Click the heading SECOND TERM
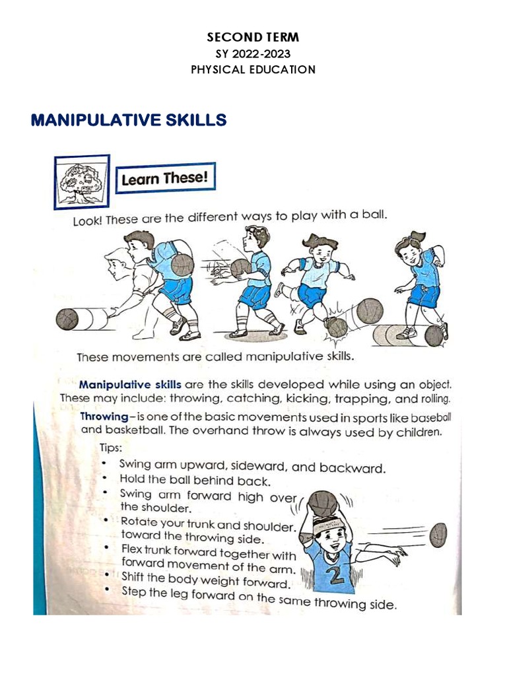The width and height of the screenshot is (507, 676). [x=253, y=38]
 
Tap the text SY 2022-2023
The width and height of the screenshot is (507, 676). [x=253, y=54]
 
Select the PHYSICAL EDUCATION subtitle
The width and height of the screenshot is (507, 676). [x=253, y=69]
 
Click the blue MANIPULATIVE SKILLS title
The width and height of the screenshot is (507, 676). [x=129, y=120]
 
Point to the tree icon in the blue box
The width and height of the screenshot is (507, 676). [x=82, y=180]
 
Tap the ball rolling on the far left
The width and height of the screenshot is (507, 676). [x=67, y=320]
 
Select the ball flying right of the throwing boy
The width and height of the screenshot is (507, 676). [x=438, y=535]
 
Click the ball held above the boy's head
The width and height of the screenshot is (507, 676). [x=323, y=505]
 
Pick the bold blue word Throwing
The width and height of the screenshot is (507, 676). [x=104, y=417]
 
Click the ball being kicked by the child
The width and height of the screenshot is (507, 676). [x=337, y=327]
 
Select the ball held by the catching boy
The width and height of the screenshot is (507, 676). [x=241, y=268]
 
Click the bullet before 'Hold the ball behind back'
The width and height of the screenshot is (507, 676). [x=106, y=479]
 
